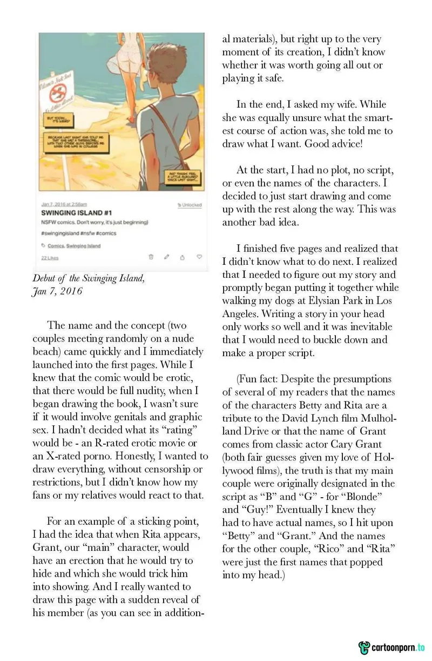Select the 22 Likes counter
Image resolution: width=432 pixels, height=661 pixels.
pos(50,258)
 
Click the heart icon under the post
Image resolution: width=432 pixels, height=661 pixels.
pos(199,257)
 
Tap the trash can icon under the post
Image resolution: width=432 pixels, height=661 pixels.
pos(151,257)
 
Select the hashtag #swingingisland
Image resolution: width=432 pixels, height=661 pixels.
pos(59,233)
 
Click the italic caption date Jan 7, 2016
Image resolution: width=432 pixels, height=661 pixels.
pos(57,291)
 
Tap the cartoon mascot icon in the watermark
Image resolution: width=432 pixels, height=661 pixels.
pos(364,647)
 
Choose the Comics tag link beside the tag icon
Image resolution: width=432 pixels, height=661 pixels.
pos(55,246)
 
